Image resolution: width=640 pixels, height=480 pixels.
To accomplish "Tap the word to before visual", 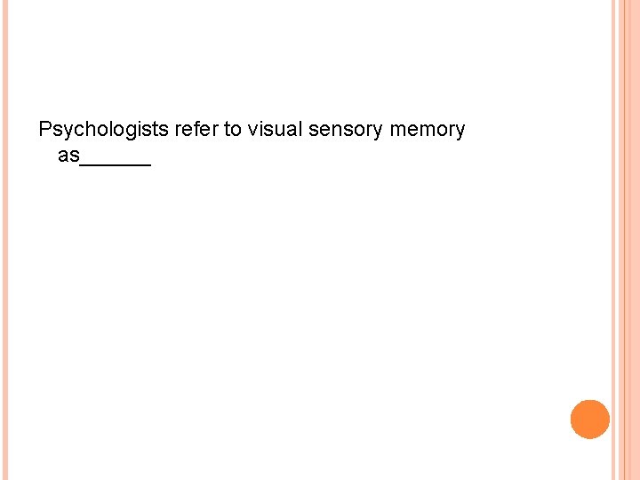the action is tap(232, 130).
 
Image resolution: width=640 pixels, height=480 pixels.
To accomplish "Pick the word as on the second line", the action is tap(68, 156).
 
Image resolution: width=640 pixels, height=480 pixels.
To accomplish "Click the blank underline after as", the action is tap(116, 164).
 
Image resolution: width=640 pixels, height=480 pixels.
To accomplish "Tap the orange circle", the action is tap(590, 420).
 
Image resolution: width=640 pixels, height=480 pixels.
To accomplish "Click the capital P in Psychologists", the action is tap(46, 130).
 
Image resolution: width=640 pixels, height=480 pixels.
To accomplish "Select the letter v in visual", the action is tap(253, 131).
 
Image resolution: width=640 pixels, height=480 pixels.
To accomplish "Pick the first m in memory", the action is tap(396, 131).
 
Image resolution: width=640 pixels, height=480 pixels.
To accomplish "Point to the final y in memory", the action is tap(460, 132).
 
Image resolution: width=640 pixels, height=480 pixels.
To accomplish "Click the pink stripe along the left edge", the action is tap(4, 240).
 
